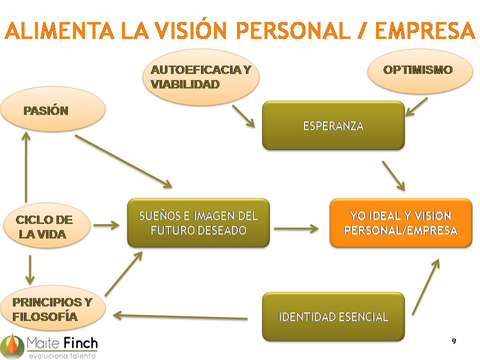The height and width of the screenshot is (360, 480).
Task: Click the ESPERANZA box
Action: coord(333,125)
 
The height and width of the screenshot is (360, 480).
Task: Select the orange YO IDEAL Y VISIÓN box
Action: coord(400,223)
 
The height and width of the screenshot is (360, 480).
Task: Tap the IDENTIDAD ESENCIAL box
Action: coord(333,316)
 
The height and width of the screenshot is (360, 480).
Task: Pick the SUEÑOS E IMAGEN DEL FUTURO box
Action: coord(198,223)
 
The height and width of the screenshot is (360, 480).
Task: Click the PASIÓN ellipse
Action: coord(52,109)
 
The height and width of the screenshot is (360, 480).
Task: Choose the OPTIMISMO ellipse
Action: coord(420,70)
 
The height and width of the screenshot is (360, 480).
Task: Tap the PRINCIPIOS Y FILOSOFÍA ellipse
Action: coord(52,309)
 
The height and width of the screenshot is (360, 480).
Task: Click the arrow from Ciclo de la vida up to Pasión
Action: coord(25,165)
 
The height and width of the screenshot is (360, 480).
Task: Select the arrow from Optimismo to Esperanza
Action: coord(416,106)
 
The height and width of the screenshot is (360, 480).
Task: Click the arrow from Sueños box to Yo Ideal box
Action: coord(296,229)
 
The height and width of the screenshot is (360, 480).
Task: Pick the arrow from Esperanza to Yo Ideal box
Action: coord(393,175)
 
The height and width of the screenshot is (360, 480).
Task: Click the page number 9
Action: coord(453,341)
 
